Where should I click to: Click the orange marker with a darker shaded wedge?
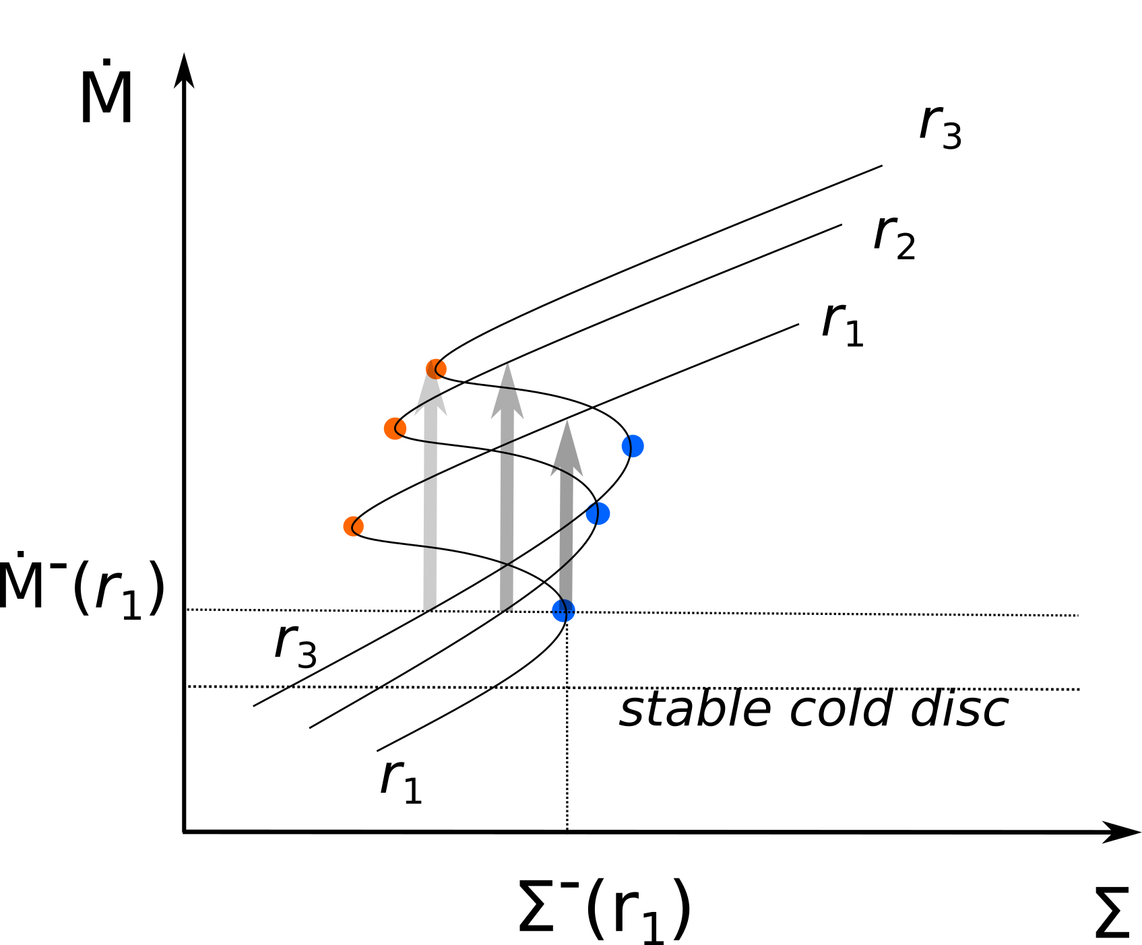pyautogui.click(x=436, y=369)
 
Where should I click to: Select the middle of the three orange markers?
pyautogui.click(x=395, y=428)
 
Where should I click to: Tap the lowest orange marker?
pyautogui.click(x=353, y=526)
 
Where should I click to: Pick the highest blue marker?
pyautogui.click(x=633, y=446)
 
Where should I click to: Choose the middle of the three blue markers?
pyautogui.click(x=598, y=514)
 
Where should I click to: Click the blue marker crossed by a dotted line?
pyautogui.click(x=563, y=611)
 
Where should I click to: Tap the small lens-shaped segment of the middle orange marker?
pyautogui.click(x=402, y=427)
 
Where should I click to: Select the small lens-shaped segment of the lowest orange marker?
pyautogui.click(x=360, y=525)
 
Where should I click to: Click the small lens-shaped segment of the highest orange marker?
pyautogui.click(x=443, y=368)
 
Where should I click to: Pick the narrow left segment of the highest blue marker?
pyautogui.click(x=626, y=446)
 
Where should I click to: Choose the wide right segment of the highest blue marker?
pyautogui.click(x=637, y=446)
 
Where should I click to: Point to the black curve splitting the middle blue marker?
pyautogui.click(x=596, y=514)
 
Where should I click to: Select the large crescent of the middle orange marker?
pyautogui.click(x=390, y=429)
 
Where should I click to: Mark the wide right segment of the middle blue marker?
pyautogui.click(x=604, y=514)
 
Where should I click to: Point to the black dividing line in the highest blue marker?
pyautogui.click(x=631, y=446)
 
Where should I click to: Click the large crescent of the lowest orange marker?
pyautogui.click(x=348, y=527)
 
